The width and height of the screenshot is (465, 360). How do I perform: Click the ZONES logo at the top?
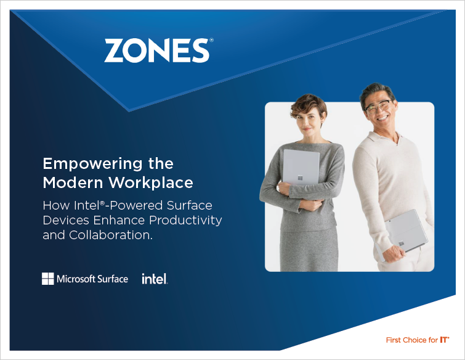(159, 50)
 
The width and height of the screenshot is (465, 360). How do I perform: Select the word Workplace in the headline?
(151, 182)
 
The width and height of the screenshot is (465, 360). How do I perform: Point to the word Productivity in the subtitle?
(185, 221)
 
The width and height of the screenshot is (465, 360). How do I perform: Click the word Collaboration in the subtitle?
(111, 235)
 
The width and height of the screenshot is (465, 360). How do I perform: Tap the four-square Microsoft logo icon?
(48, 279)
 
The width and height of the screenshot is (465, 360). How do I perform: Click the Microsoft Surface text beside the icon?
(92, 279)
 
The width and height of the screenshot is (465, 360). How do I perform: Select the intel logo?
(155, 279)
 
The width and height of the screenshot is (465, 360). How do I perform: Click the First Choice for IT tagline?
(418, 340)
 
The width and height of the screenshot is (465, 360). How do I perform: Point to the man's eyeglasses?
(378, 106)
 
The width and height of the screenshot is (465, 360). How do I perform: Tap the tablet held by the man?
(404, 233)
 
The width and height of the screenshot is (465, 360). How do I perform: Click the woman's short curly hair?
(309, 104)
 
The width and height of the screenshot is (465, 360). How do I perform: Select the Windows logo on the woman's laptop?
(300, 178)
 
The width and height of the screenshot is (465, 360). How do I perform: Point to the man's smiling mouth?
(382, 118)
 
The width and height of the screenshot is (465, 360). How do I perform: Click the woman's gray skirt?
(309, 250)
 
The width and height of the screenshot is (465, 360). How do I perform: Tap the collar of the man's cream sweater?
(386, 138)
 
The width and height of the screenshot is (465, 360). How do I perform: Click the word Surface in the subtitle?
(189, 205)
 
